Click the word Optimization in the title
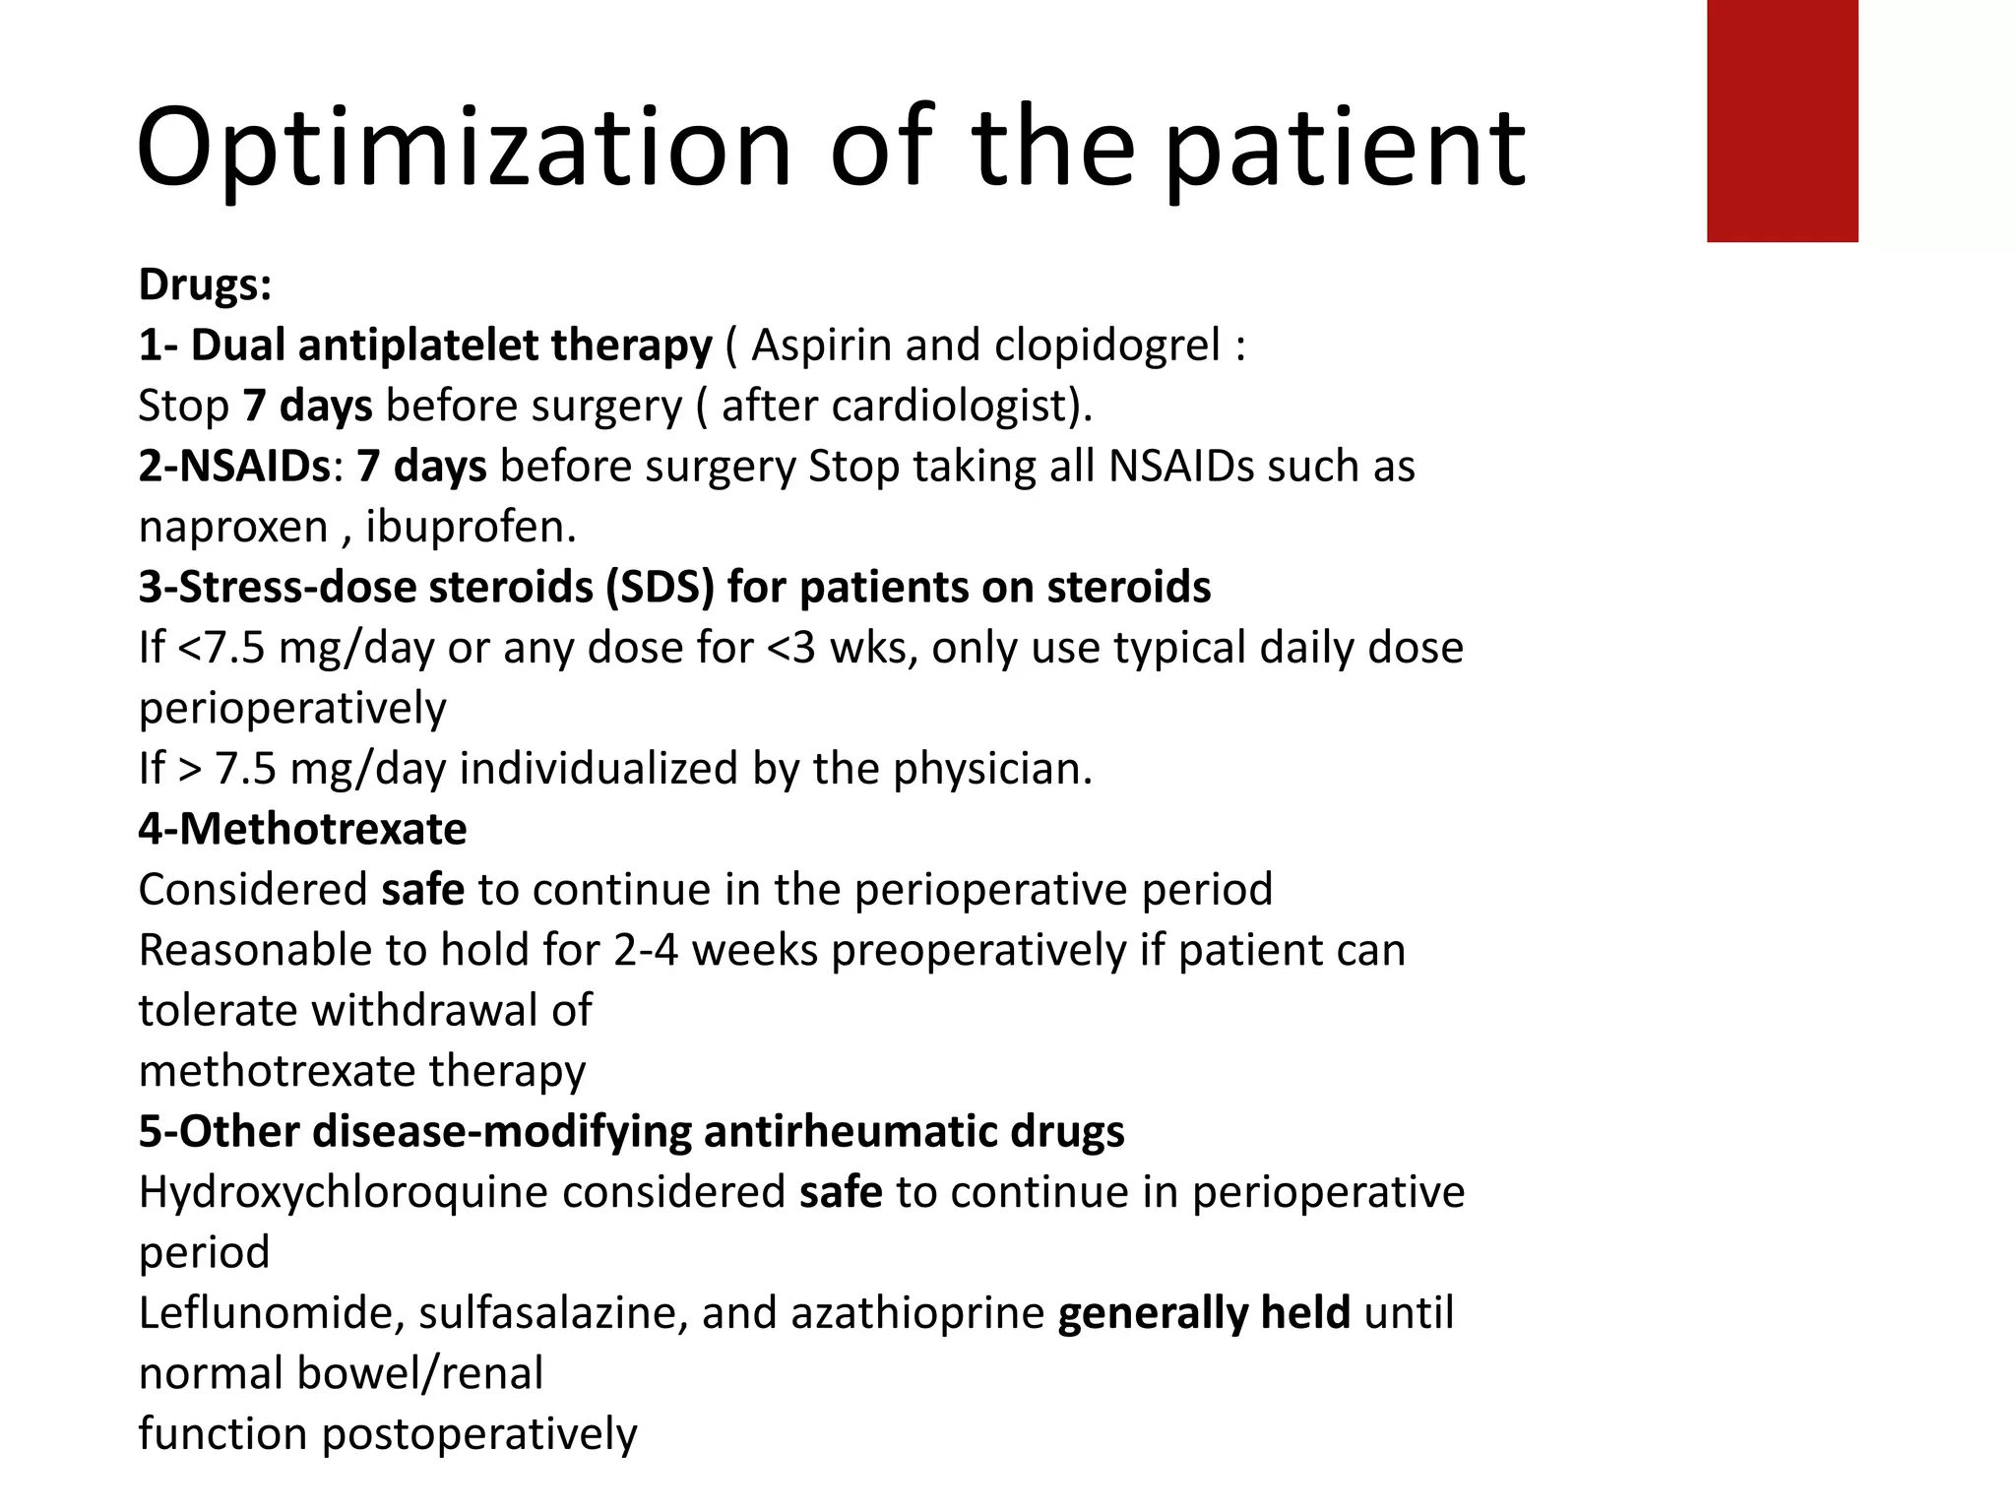[463, 148]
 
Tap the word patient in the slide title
[1346, 150]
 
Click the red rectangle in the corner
[1782, 120]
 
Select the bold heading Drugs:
[205, 284]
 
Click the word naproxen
[233, 528]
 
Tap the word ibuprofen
[471, 528]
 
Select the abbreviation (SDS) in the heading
[660, 588]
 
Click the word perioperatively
[292, 709]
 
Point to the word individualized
[598, 769]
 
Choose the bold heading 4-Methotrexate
[302, 829]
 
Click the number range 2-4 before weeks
[646, 950]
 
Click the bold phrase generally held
[1203, 1313]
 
